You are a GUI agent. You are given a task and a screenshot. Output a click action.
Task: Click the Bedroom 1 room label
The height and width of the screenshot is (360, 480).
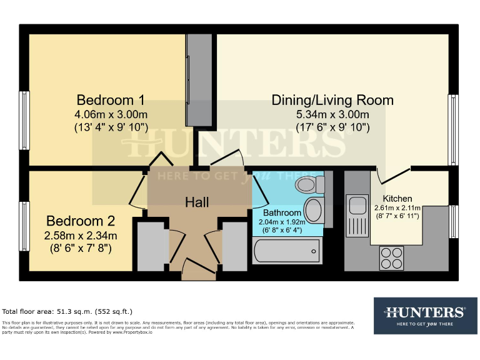[111, 100]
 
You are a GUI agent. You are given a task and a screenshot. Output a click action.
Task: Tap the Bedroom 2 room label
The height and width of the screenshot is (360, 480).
[81, 221]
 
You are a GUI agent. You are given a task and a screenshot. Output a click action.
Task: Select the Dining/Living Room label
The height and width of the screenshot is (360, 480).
[332, 100]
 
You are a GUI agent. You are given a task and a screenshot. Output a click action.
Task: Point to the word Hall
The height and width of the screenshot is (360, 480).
[197, 202]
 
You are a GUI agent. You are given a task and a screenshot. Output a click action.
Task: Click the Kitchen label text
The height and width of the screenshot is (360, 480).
[397, 199]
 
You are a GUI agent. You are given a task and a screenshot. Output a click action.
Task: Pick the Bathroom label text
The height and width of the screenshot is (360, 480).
[282, 212]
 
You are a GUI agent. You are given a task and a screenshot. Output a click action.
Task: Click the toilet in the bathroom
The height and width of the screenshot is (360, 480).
[310, 184]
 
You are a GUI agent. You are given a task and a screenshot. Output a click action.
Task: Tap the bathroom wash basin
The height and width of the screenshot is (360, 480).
[314, 210]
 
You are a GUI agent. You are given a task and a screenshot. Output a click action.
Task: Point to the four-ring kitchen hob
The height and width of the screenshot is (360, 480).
[392, 257]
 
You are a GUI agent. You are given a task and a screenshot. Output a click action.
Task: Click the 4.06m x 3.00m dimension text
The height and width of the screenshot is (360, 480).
[111, 114]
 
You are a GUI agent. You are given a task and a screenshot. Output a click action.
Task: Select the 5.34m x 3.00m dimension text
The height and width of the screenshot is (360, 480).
[332, 114]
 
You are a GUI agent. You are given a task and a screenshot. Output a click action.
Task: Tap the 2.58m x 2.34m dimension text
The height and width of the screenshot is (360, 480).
[81, 236]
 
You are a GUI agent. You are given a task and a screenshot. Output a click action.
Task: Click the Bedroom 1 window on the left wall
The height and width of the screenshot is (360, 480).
[24, 112]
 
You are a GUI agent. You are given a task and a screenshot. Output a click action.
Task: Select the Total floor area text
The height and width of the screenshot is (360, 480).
[67, 311]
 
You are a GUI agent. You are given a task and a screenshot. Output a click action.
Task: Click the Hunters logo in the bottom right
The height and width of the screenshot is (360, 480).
[425, 315]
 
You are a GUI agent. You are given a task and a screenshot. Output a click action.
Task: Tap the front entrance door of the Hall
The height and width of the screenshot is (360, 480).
[196, 270]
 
